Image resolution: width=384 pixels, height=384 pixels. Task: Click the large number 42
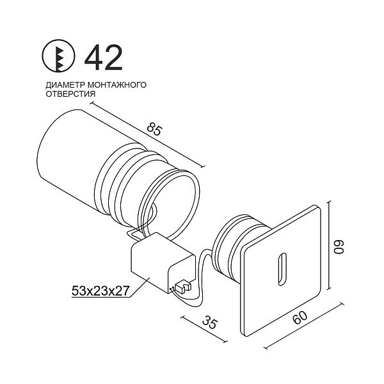(x=104, y=58)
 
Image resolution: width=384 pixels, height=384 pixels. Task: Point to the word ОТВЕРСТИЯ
(x=70, y=93)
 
